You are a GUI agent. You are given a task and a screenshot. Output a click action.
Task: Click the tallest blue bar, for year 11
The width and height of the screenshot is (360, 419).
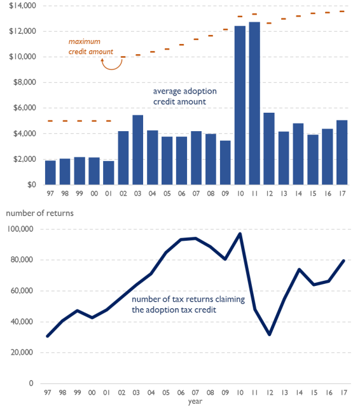tap(254, 103)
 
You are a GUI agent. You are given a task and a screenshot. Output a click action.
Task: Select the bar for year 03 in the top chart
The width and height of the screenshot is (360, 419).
tap(137, 150)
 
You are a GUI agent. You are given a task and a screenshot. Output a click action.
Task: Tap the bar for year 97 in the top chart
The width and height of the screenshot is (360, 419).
tap(50, 173)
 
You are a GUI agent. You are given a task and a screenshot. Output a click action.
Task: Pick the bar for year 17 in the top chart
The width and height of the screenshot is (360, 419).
tap(342, 152)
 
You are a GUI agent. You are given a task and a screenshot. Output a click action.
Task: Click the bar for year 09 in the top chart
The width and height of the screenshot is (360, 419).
tap(225, 162)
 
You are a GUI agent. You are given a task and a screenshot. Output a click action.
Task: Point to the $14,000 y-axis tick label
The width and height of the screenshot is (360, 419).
tap(22, 6)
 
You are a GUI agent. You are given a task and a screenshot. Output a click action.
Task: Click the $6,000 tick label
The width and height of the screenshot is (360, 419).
tap(25, 108)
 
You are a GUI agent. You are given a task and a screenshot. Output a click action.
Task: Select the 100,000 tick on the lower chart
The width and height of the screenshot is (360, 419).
tap(20, 229)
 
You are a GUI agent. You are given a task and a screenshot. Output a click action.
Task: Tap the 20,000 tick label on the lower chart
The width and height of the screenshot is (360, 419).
tap(22, 352)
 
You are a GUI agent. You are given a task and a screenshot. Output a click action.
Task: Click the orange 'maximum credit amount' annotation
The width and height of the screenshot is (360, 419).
tap(91, 46)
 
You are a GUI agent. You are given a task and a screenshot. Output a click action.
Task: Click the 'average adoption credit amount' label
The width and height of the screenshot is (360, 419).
tap(184, 96)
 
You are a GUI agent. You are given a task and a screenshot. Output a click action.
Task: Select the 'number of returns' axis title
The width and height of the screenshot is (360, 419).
tap(40, 213)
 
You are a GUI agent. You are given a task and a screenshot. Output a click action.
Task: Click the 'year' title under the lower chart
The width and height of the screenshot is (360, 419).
tap(195, 401)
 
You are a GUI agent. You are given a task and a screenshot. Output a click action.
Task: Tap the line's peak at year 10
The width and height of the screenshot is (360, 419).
tap(240, 234)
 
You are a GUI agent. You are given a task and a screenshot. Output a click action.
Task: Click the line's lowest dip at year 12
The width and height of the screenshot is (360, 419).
tap(270, 334)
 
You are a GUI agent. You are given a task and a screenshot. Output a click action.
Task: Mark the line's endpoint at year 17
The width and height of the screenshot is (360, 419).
tap(343, 260)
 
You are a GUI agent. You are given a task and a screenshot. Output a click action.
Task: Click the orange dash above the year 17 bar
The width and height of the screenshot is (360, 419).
tap(342, 11)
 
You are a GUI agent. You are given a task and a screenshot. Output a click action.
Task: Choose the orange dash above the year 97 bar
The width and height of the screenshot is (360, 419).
tap(50, 121)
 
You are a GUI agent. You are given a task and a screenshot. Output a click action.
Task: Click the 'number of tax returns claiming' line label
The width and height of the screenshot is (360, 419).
tap(188, 299)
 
